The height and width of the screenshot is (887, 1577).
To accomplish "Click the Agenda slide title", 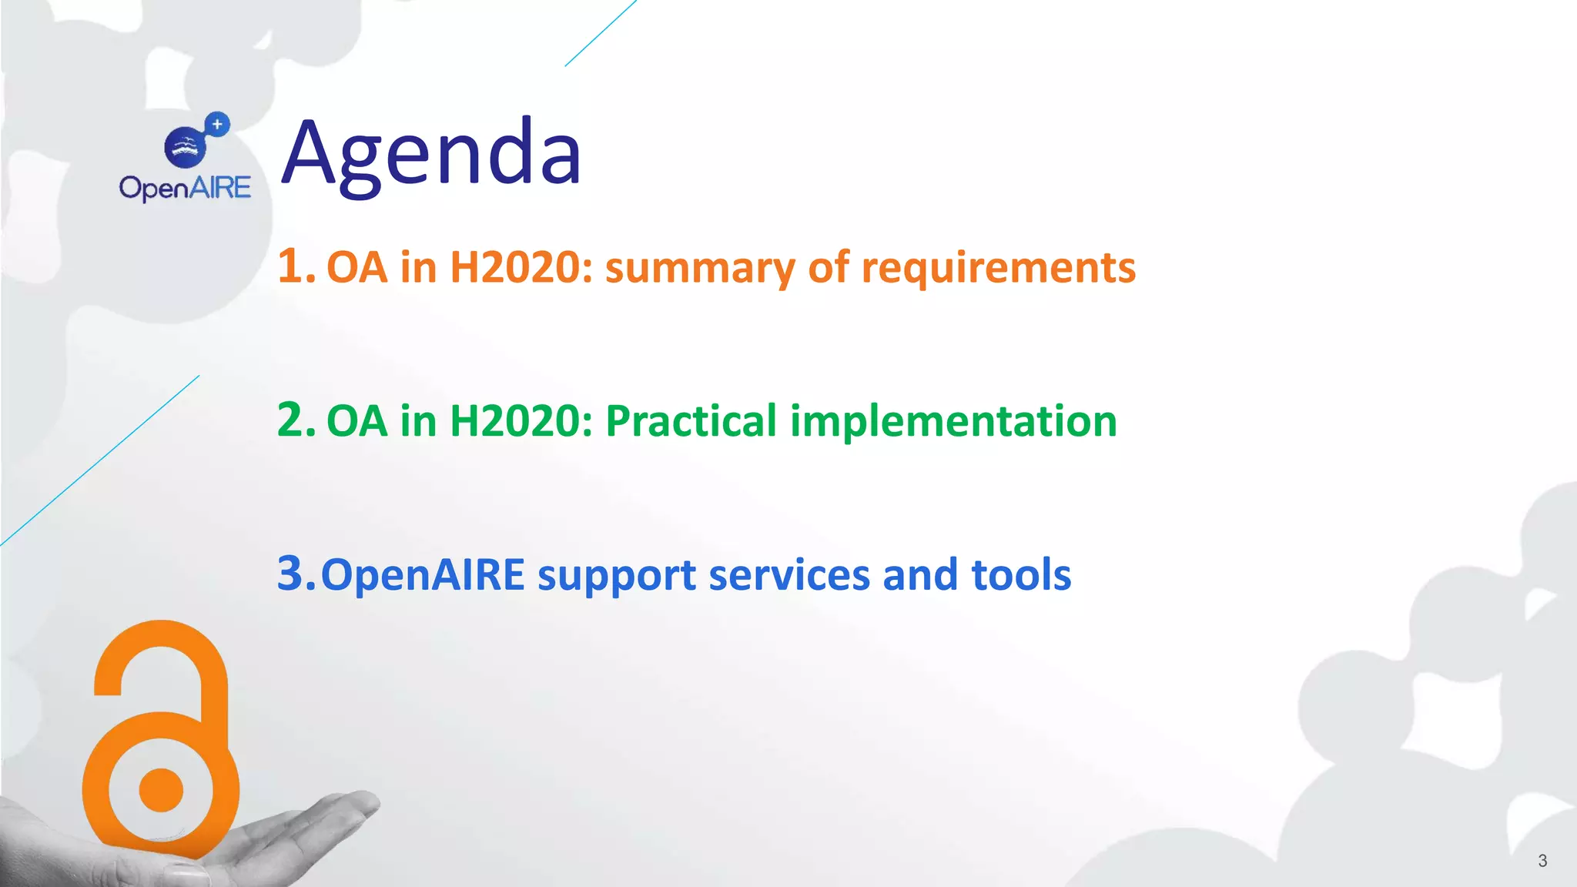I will point(431,154).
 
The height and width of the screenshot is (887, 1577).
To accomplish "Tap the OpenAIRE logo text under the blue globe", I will point(185,188).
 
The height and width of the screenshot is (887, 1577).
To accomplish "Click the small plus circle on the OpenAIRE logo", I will point(218,124).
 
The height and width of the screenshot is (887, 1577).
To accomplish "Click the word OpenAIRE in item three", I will point(423,576).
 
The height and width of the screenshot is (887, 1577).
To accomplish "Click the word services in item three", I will point(789,575).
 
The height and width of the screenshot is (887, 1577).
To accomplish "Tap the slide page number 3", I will point(1542,861).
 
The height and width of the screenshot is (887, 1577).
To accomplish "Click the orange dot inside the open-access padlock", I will point(161,789).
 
